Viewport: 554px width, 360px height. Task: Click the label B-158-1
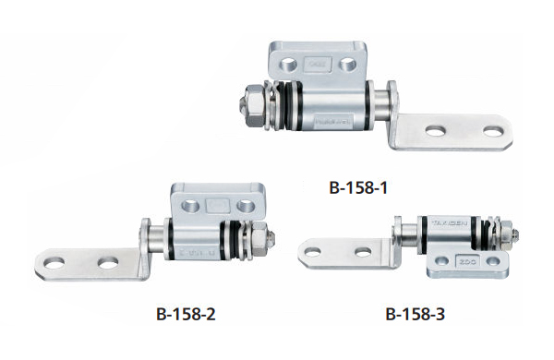click(357, 187)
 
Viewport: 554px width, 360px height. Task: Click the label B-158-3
click(413, 313)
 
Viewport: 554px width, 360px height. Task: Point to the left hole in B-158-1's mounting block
click(287, 65)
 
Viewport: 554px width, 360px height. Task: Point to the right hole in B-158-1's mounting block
click(346, 65)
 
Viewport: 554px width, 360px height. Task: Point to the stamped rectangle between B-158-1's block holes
click(317, 65)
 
